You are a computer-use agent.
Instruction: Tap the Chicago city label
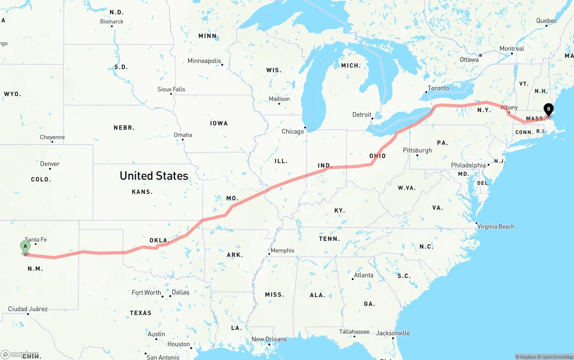coord(292,131)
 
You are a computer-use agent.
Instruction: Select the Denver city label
coord(50,164)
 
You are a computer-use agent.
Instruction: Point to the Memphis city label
coord(283,251)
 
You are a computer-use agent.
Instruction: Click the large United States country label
coord(154,176)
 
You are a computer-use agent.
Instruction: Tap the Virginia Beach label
coord(496,226)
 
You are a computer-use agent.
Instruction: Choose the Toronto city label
coord(438,88)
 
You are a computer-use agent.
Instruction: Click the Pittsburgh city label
coord(417,150)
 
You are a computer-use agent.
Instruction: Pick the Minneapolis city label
coord(204,61)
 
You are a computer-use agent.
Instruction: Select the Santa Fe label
coord(36,239)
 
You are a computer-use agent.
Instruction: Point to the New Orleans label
coord(269,339)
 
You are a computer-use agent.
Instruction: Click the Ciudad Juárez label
coord(28,309)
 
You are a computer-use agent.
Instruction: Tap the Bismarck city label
coord(112,22)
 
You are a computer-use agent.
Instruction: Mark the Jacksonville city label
coord(393,333)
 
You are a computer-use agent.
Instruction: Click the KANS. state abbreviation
coord(142,192)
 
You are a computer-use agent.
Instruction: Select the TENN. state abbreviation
coord(329,239)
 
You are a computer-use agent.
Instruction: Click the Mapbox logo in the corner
coord(20,354)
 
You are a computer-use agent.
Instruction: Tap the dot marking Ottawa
coord(480,56)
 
